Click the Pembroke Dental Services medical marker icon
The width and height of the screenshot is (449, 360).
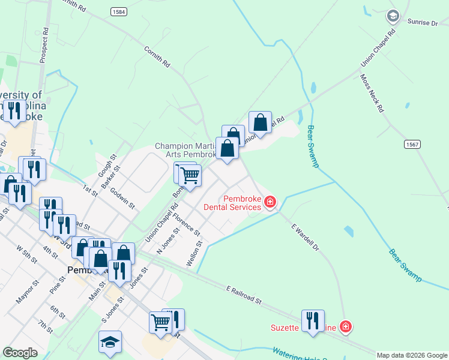[270, 202]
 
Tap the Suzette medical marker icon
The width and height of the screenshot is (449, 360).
[345, 327]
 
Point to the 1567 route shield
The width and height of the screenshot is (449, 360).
[412, 145]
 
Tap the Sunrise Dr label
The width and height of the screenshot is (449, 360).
[423, 23]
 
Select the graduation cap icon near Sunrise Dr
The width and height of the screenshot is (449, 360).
[393, 16]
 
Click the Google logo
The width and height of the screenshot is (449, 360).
[20, 353]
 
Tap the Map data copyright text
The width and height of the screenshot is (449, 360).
[412, 355]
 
